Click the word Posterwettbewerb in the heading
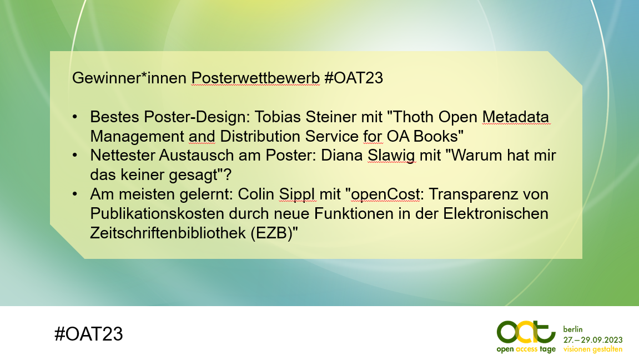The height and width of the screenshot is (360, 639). point(255,78)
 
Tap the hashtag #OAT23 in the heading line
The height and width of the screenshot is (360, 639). point(354,78)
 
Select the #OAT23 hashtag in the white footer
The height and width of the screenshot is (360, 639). point(88,334)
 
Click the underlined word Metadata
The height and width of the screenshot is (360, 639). point(516,117)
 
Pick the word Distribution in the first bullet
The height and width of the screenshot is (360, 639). point(260,136)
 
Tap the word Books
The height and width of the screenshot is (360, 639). point(436,136)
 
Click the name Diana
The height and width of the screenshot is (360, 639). point(342,156)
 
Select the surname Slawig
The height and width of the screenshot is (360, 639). point(391,156)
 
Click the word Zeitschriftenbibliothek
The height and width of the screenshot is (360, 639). point(168,233)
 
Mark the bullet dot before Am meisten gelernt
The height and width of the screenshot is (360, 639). point(74,194)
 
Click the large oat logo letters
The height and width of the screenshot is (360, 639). point(526,332)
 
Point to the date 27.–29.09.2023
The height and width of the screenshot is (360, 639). point(593,340)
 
